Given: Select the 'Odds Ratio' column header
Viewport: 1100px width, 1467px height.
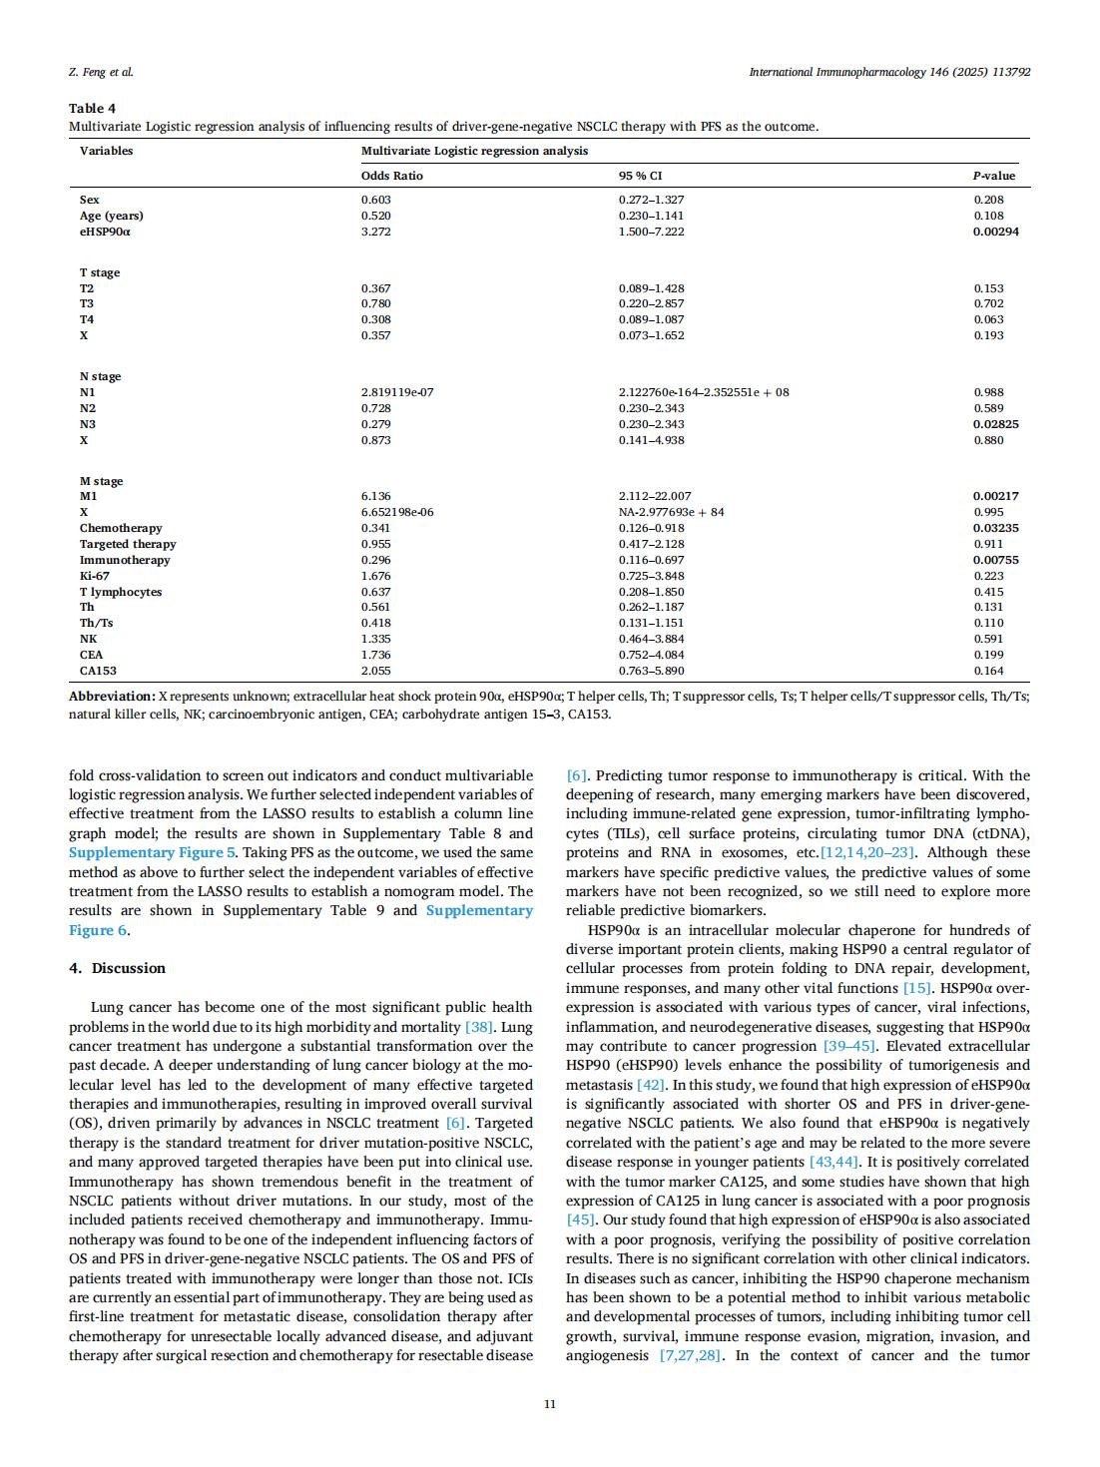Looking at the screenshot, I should (391, 176).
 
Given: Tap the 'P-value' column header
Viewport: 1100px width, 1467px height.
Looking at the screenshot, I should (994, 176).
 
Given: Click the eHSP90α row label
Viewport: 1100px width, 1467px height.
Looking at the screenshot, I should (105, 232).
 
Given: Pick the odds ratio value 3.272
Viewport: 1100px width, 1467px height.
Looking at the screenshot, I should (375, 232).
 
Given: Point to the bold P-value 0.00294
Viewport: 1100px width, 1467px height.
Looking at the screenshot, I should (996, 232).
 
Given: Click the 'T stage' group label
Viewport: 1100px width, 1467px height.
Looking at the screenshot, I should (100, 272).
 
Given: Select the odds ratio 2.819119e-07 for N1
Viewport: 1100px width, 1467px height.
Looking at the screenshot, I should (397, 392).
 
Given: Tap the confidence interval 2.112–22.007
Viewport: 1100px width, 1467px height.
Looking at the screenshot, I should (655, 496).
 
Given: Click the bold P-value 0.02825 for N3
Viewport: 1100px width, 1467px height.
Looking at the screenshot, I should (996, 424).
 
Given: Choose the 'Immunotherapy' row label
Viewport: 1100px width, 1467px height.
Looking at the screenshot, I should (125, 560).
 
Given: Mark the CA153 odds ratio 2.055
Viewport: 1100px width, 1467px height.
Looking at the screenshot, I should (375, 671).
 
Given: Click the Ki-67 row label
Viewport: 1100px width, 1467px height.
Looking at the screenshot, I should (95, 576).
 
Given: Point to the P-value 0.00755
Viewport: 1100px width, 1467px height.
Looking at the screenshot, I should (996, 560).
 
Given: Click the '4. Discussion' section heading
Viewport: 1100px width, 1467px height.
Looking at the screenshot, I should (117, 968).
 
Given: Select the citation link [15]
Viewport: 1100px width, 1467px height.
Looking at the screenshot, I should (917, 988).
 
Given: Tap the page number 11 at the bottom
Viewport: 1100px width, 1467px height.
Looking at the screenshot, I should (549, 1404).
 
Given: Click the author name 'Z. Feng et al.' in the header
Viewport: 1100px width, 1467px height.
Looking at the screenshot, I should (101, 72).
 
